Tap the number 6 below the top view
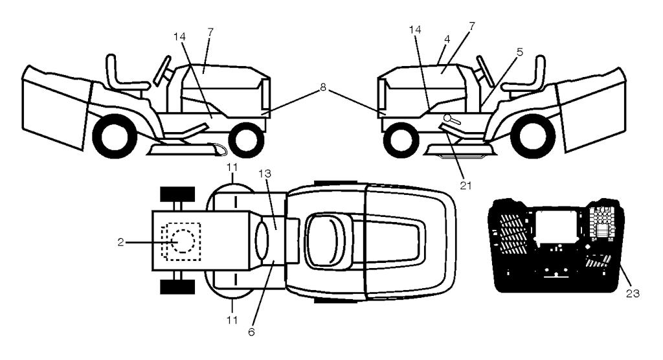(251, 332)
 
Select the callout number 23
(634, 293)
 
